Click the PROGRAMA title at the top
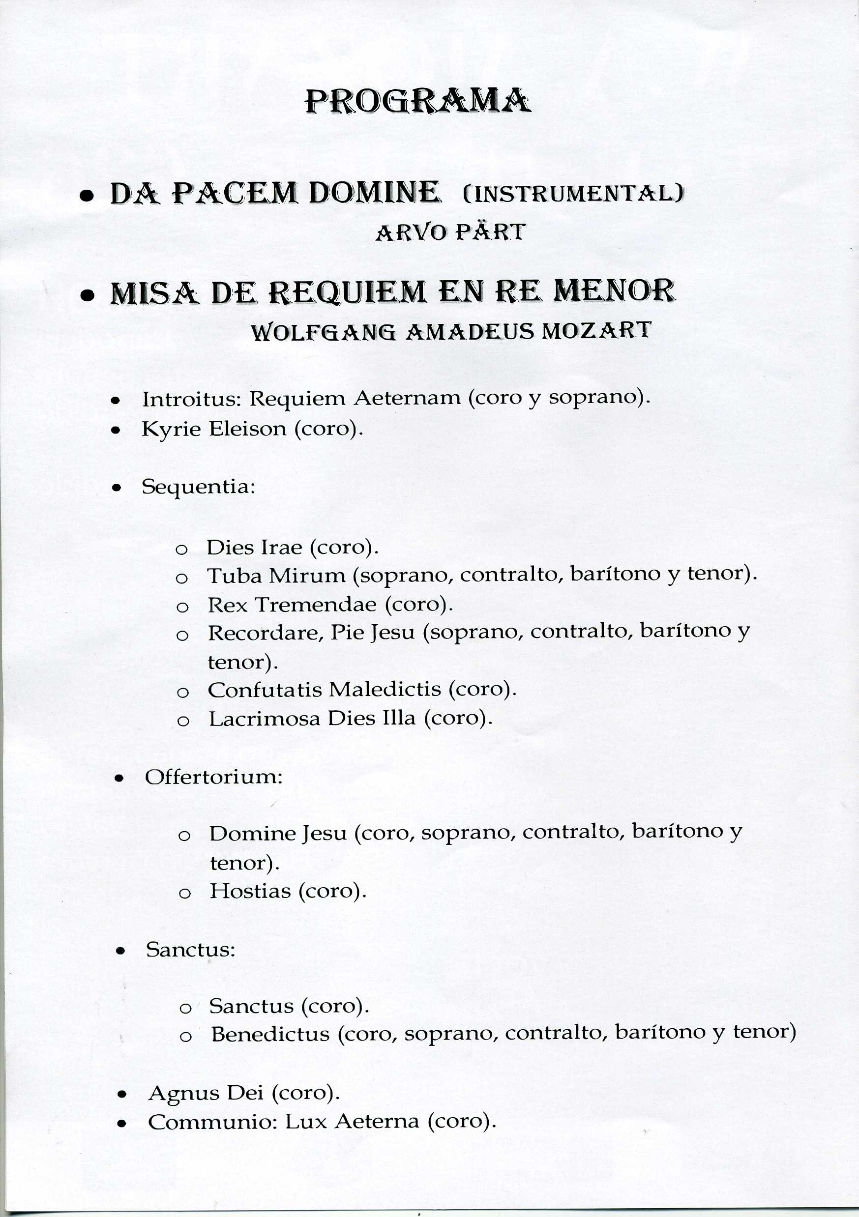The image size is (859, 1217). click(418, 101)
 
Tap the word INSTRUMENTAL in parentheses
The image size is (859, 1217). click(573, 194)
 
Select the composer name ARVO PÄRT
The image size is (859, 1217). click(450, 232)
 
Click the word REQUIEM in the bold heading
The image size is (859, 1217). click(347, 292)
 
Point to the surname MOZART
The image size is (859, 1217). click(596, 331)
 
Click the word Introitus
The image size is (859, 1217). click(191, 399)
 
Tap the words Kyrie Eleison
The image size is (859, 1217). click(214, 428)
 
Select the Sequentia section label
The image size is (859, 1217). click(198, 487)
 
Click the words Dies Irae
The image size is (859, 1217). click(254, 547)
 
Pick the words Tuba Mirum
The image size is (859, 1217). click(276, 576)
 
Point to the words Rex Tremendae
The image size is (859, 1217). click(292, 605)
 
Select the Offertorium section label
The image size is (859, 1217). click(214, 777)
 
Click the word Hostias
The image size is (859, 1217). click(250, 891)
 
